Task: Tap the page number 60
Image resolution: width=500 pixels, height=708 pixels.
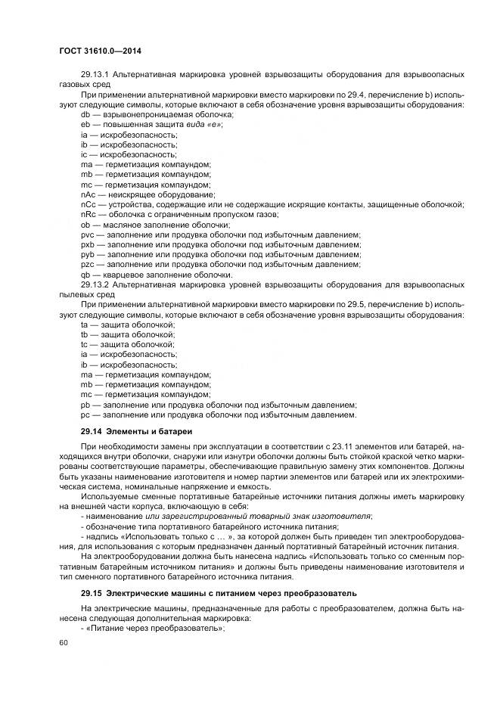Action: coord(62,642)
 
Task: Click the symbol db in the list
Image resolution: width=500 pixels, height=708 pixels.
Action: coord(85,113)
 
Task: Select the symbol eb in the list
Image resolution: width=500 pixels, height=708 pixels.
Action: coord(85,123)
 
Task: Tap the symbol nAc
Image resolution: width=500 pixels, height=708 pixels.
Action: coord(88,194)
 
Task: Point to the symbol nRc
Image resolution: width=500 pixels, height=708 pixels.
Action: coord(88,214)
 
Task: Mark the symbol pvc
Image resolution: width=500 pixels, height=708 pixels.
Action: coord(87,234)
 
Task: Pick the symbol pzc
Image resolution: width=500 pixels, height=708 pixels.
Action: coord(87,265)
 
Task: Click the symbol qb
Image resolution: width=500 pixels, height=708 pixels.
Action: coord(85,275)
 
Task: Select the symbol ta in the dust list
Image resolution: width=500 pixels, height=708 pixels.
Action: coord(85,324)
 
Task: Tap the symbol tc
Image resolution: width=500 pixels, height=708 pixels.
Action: coord(85,344)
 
